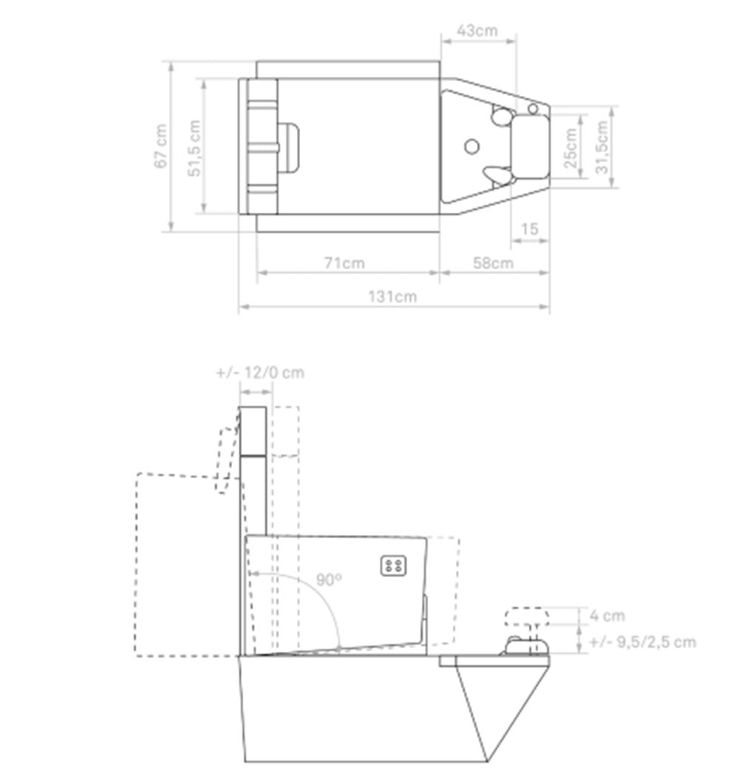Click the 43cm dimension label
(x=477, y=30)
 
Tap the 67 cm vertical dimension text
(x=161, y=146)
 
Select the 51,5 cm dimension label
(x=194, y=148)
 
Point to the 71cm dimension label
(x=344, y=262)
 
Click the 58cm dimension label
(x=493, y=262)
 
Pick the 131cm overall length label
(x=392, y=296)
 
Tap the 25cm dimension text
(x=571, y=148)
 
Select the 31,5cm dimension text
(x=602, y=148)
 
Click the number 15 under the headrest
(x=529, y=229)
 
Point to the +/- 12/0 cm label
(x=260, y=372)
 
